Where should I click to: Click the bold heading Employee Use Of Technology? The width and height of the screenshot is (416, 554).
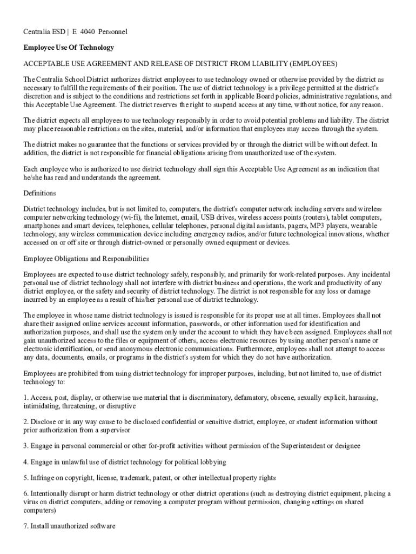(x=69, y=48)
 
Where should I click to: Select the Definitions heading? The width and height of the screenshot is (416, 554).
(x=39, y=193)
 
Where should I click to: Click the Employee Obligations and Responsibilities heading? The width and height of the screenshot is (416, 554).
(x=86, y=259)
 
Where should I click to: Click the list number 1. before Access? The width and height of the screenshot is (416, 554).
(x=26, y=398)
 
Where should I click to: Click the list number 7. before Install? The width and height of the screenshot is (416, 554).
(x=26, y=526)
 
